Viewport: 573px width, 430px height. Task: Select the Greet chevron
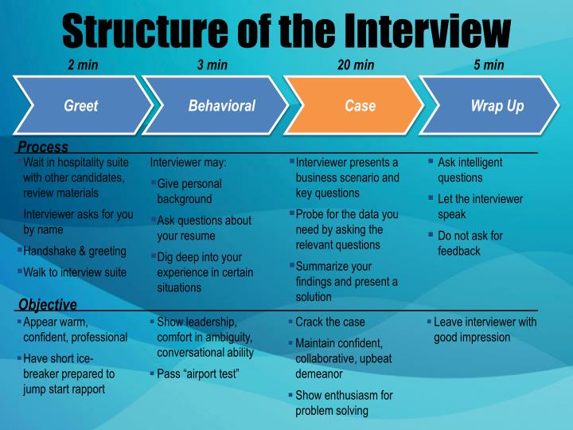[x=80, y=106]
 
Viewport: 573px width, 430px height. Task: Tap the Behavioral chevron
[x=221, y=106]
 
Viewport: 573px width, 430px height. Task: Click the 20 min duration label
[x=356, y=65]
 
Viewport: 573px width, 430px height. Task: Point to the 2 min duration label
[x=83, y=65]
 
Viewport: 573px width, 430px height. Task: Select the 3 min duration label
[x=212, y=65]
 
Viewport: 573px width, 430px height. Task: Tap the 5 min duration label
[x=489, y=65]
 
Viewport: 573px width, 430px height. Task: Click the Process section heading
[x=43, y=147]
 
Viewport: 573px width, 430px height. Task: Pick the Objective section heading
[x=48, y=304]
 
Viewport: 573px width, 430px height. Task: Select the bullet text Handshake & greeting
[x=75, y=251]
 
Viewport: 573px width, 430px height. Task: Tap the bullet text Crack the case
[x=329, y=322]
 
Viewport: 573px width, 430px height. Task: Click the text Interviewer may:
[x=189, y=162]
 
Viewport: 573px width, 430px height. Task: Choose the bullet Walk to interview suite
[x=75, y=272]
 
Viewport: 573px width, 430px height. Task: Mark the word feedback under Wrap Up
[x=459, y=251]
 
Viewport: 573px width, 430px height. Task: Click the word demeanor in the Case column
[x=319, y=373]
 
